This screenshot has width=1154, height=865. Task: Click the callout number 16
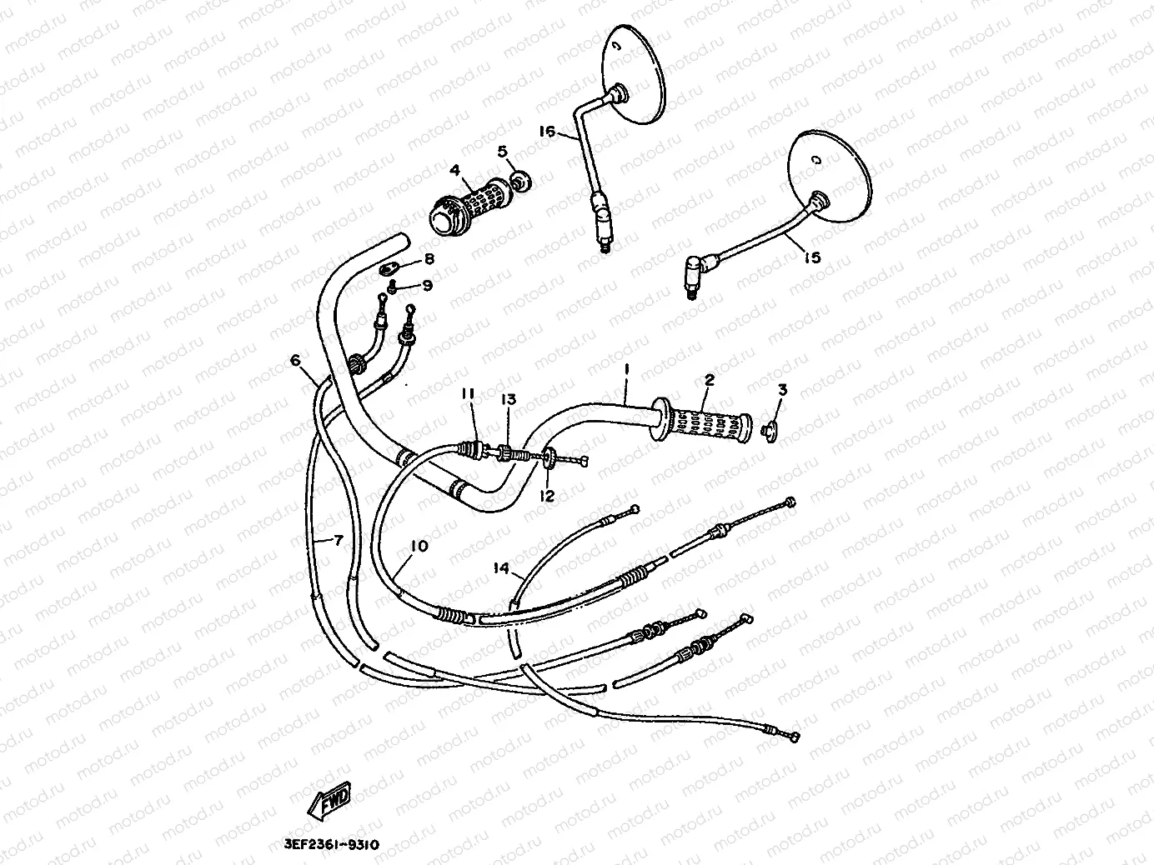tap(547, 131)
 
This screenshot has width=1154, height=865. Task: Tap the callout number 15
tap(812, 257)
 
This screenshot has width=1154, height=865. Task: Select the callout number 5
tap(503, 152)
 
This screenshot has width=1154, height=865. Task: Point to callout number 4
tap(454, 170)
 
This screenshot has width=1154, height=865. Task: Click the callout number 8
tap(429, 258)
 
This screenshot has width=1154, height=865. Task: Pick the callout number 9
tap(428, 285)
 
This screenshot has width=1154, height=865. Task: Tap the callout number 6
tap(295, 360)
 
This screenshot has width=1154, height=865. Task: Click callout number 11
tap(468, 393)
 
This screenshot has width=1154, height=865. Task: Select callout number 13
tap(509, 400)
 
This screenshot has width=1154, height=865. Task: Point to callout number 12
tap(547, 495)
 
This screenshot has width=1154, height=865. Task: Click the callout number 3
tap(783, 390)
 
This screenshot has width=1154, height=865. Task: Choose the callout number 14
tap(502, 567)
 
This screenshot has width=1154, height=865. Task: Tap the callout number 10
tap(419, 546)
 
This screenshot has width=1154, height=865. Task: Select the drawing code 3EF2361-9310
tap(331, 845)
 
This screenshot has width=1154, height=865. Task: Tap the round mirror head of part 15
tap(830, 176)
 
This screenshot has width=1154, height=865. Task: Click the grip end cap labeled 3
tap(769, 430)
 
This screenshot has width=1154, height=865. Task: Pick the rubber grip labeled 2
tap(701, 421)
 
